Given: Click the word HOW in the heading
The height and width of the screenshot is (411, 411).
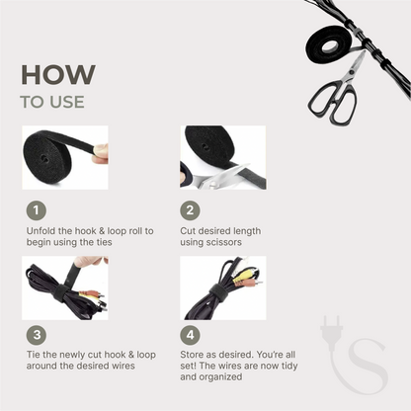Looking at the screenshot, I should (58, 75).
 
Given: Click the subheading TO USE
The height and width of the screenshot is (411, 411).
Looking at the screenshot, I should (52, 102).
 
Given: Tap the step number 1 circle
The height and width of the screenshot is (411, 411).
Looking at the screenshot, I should (37, 210).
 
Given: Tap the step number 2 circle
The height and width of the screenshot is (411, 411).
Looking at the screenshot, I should (191, 210).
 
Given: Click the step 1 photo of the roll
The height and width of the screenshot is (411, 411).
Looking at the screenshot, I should (65, 157).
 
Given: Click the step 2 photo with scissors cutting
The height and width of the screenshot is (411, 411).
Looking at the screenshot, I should (222, 157).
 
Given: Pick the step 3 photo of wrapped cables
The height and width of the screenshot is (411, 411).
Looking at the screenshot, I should (65, 288).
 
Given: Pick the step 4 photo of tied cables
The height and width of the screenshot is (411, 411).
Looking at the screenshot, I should (222, 288).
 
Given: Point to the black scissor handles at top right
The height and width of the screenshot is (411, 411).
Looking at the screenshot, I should (332, 100).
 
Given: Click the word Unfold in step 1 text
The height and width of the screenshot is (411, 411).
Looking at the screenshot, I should (41, 230).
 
